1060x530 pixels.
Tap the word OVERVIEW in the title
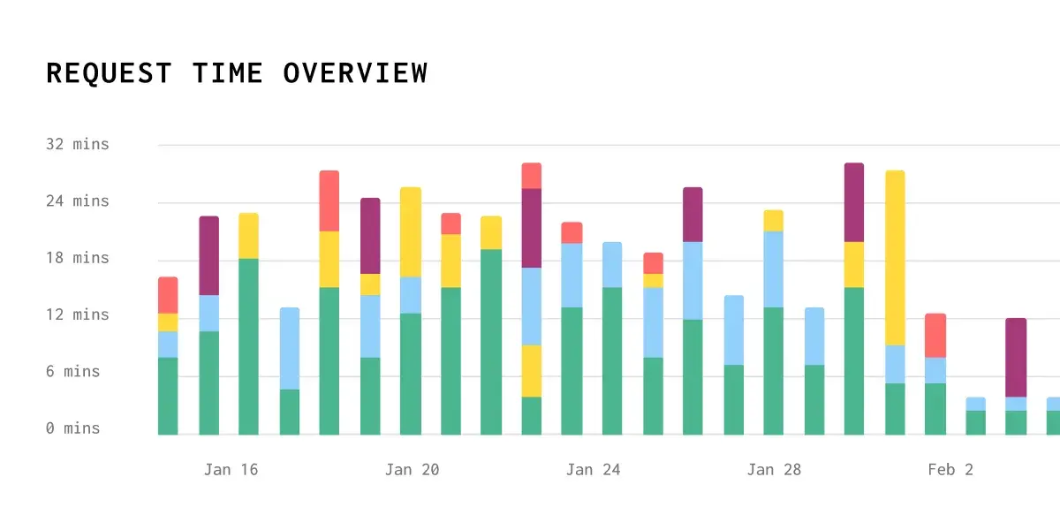click(x=355, y=73)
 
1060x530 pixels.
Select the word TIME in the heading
click(x=228, y=73)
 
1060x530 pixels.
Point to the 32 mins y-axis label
click(x=78, y=144)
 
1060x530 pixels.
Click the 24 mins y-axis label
click(x=78, y=201)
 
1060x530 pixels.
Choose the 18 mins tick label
click(x=78, y=258)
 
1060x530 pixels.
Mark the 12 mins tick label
click(x=78, y=314)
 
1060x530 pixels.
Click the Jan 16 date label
click(x=231, y=470)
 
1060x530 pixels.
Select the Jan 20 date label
click(x=412, y=470)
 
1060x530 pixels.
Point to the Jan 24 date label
click(x=593, y=470)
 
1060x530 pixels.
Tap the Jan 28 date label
click(x=774, y=470)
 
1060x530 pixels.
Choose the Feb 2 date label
click(x=950, y=470)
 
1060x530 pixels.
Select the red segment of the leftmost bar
click(x=168, y=295)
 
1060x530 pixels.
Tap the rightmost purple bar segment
click(x=1016, y=358)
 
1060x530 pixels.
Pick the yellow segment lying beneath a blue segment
click(x=532, y=371)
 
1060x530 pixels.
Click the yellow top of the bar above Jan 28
click(x=774, y=221)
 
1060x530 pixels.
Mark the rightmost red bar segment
click(x=935, y=336)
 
